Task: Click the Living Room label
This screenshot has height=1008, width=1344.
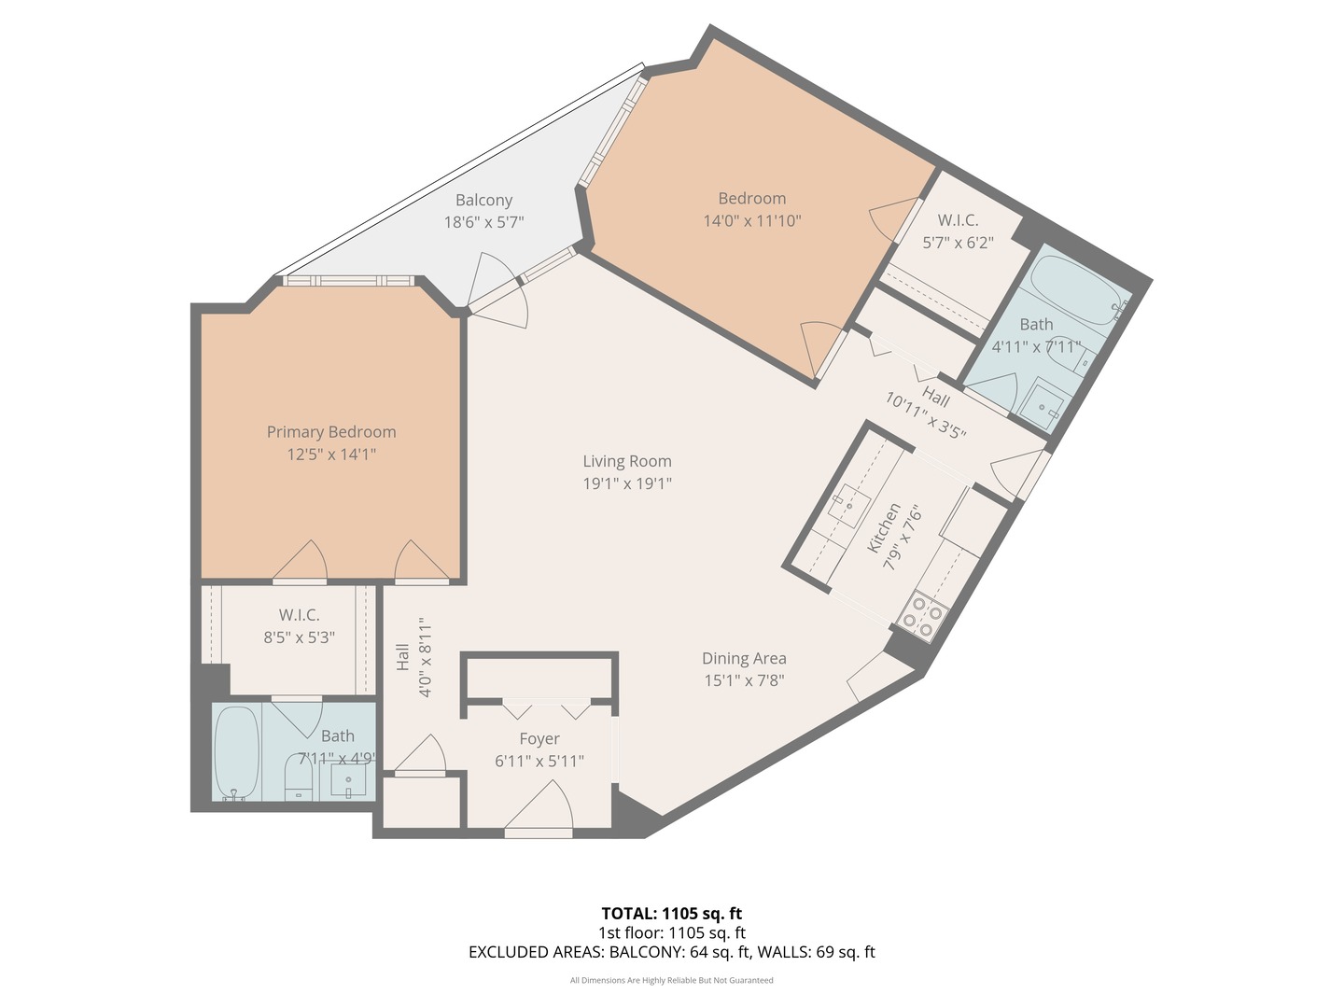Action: click(x=627, y=461)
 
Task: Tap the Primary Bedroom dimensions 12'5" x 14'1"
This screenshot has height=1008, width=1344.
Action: click(x=331, y=455)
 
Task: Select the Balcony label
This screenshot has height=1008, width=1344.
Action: click(x=483, y=200)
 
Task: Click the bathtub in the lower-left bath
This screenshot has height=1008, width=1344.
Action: click(x=235, y=752)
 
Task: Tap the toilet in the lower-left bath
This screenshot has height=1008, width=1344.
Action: click(x=298, y=777)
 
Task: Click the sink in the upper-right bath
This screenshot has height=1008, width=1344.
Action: click(x=1041, y=406)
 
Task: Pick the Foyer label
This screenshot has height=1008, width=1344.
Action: click(x=539, y=738)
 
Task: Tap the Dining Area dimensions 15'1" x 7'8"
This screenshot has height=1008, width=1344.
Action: click(x=744, y=680)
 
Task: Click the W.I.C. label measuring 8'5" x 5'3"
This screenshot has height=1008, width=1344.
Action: click(x=299, y=615)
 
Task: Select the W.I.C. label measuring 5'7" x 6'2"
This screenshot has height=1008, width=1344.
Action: click(x=958, y=220)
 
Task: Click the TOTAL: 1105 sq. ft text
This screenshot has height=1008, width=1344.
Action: click(x=671, y=913)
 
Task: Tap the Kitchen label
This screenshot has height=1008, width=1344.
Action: click(x=883, y=528)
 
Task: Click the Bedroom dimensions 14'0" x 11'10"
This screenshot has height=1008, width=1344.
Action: click(x=751, y=221)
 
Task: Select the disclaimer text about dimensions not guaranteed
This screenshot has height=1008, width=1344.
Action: click(x=671, y=980)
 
